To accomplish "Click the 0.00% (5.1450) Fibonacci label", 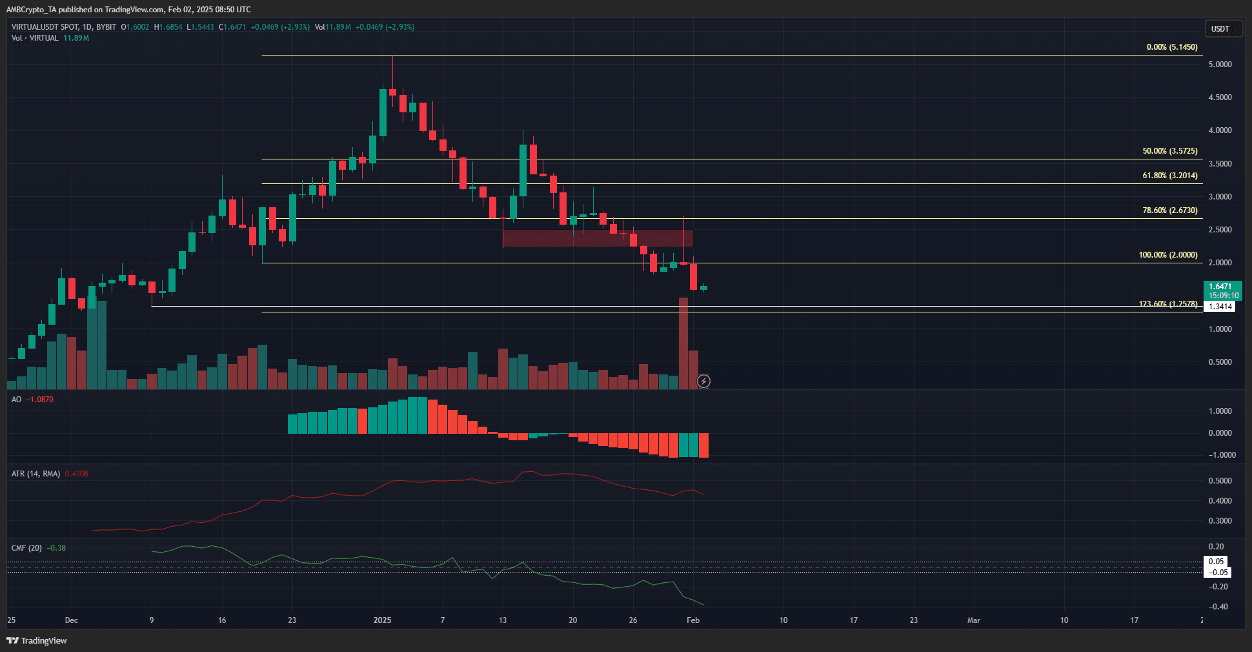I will point(1171,47).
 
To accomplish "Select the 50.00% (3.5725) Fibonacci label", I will point(1169,151).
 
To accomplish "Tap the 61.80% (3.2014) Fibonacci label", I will point(1169,176).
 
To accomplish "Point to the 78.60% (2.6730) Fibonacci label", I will point(1169,210).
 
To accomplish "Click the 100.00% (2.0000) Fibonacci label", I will point(1167,255).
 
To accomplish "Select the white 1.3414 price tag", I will point(1219,307).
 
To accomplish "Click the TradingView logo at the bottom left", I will point(37,640).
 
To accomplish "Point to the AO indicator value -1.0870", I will point(41,400).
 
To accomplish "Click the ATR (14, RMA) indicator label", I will point(35,474).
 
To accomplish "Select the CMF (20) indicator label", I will point(26,548).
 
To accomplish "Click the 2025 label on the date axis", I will point(382,620).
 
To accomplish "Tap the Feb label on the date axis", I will point(692,620).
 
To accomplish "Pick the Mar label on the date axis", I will point(973,620).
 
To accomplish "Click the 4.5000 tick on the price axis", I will point(1220,97).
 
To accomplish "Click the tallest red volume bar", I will point(683,343).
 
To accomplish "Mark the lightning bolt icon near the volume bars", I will point(703,382).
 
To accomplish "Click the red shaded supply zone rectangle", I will point(598,238).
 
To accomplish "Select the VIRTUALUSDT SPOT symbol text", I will point(45,27).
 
